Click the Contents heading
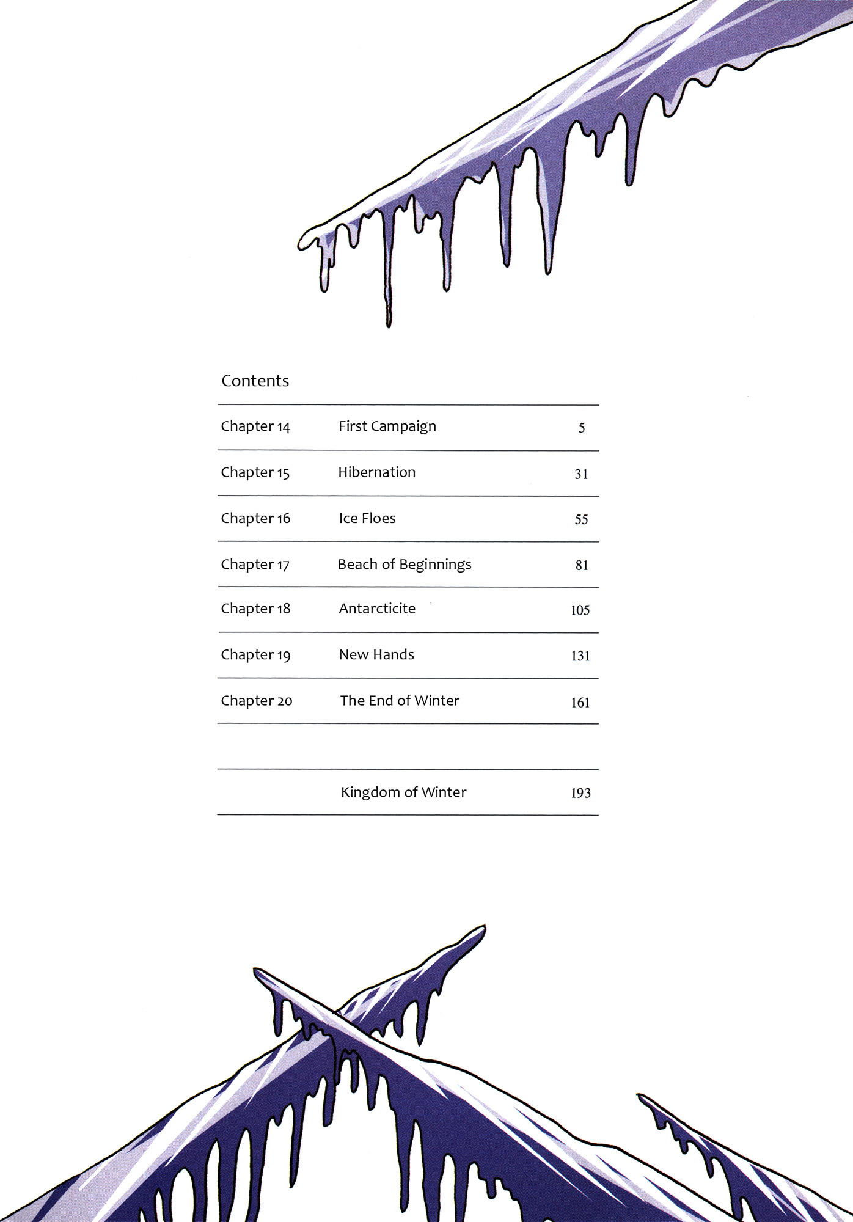255,381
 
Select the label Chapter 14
255,426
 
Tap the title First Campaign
387,426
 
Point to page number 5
582,428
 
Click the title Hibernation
377,472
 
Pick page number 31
581,474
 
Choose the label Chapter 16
255,518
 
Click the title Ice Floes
367,518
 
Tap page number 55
581,520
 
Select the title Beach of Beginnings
405,565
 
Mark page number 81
582,566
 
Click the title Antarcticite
377,609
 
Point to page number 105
580,610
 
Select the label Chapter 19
255,655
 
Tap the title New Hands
376,655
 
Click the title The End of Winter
400,701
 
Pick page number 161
580,703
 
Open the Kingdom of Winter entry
403,792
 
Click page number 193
580,794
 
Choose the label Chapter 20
257,701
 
